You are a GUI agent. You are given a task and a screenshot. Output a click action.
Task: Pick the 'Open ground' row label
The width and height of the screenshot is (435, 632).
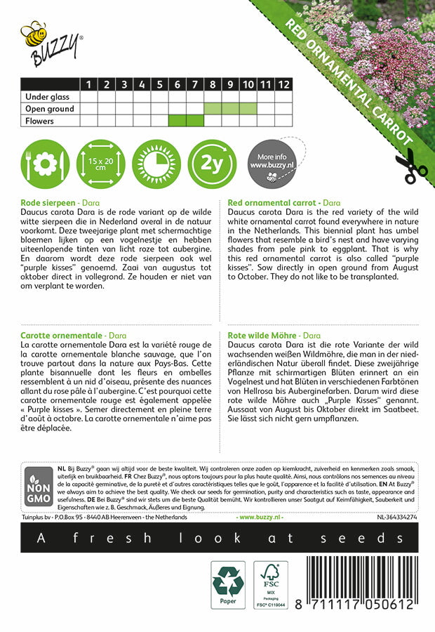(x=49, y=109)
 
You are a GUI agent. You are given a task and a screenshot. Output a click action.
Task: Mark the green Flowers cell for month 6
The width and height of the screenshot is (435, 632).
(x=178, y=121)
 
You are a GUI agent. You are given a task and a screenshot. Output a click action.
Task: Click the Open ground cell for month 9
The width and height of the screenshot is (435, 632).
(x=230, y=109)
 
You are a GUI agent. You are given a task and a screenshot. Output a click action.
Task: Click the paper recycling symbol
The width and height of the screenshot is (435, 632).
(x=228, y=585)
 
